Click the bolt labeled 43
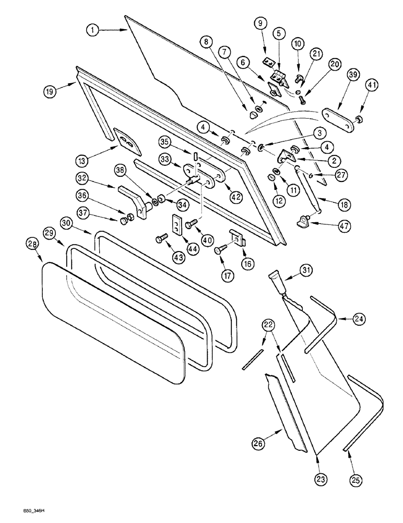click(160, 240)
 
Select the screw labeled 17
click(219, 251)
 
